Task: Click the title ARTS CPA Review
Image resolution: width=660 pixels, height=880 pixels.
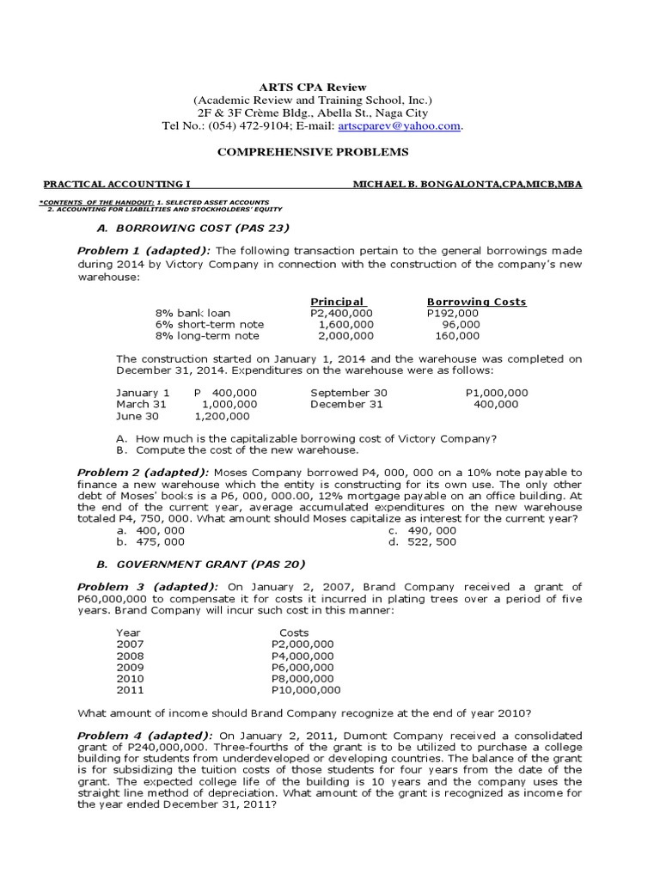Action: point(313,87)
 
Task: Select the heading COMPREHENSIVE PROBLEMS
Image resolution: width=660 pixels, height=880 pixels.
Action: point(313,152)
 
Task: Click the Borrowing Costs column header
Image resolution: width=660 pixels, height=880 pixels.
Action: point(476,302)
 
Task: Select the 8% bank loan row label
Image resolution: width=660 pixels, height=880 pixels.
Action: point(192,313)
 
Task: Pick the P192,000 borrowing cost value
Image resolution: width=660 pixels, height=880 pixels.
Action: point(453,313)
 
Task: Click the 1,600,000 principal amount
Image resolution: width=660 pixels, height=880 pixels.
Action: point(345,324)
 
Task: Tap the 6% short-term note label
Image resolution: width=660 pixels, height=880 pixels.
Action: point(210,324)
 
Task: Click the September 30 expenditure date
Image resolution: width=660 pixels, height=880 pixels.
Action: point(349,393)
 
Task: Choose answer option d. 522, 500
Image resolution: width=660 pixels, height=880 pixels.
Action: point(422,542)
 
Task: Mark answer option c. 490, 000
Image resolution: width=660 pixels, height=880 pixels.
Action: point(422,531)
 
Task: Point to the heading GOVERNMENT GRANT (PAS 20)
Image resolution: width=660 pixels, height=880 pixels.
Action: point(200,564)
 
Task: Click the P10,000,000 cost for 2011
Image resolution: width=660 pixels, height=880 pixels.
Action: point(306,689)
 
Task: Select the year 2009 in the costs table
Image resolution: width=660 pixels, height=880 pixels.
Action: point(131,667)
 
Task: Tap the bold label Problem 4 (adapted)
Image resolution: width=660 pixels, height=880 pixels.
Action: point(145,736)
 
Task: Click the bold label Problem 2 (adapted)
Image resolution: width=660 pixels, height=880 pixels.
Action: point(144,472)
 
